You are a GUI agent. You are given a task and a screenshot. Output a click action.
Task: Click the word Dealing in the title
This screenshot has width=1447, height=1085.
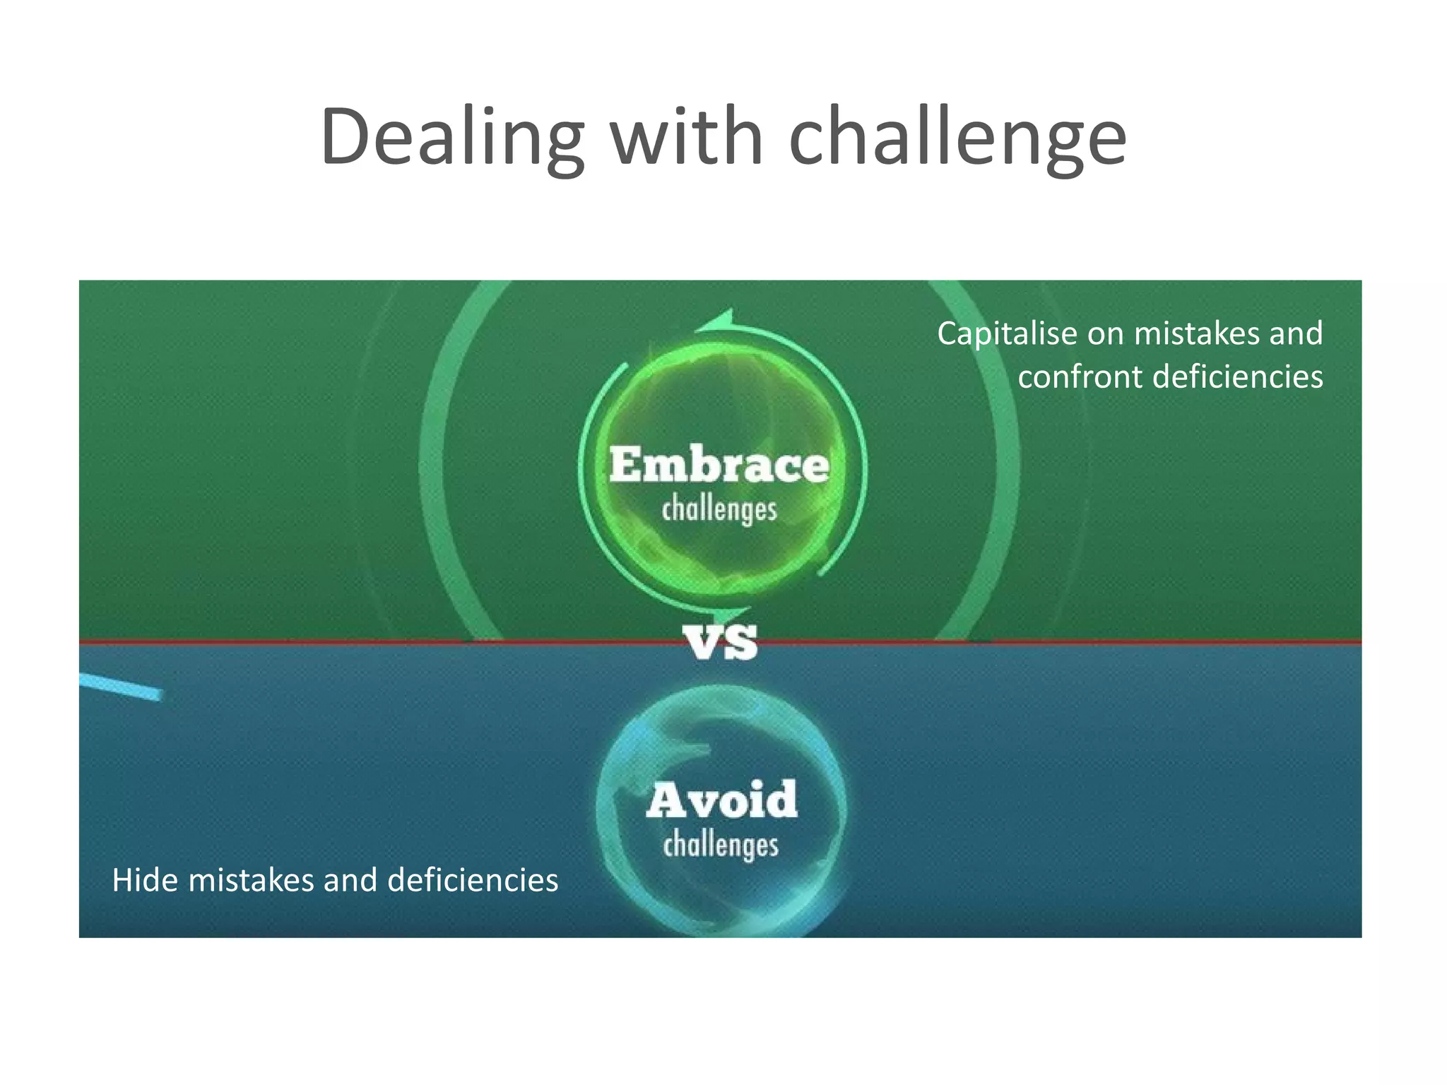coord(452,138)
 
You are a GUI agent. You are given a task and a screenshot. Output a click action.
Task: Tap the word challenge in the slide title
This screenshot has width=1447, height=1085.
coord(957,138)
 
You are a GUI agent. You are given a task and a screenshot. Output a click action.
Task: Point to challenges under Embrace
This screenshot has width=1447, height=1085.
coord(719,510)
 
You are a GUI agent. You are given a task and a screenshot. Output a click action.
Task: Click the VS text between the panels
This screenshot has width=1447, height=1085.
coord(721,643)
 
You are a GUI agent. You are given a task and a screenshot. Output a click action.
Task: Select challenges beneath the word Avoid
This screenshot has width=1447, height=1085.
coord(721,846)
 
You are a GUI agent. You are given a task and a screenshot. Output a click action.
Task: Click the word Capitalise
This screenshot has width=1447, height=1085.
coord(1007,333)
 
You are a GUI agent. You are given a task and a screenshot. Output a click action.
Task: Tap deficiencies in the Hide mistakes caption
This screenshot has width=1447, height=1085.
coord(473,880)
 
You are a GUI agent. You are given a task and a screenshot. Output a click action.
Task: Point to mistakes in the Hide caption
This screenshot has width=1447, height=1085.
coord(251,880)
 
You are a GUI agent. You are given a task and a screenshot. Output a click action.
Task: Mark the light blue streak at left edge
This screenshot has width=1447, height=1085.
coord(120,686)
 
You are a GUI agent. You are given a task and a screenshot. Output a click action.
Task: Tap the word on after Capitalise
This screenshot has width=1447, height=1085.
coord(1104,333)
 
